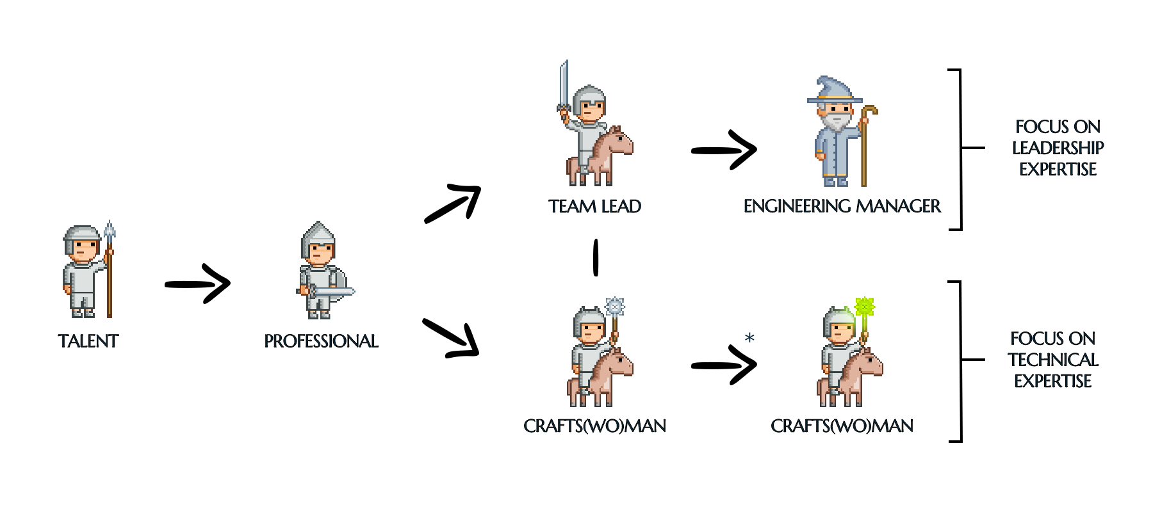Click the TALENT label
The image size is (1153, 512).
tap(88, 341)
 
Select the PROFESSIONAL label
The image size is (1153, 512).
tap(321, 341)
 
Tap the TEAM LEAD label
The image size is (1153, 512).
tap(594, 206)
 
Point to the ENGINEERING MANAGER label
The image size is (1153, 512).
tap(842, 206)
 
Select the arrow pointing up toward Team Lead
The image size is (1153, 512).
tap(453, 204)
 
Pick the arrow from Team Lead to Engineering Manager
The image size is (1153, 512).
tap(724, 151)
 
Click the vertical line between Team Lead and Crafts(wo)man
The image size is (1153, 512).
tap(596, 257)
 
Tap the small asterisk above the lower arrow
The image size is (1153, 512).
tap(749, 337)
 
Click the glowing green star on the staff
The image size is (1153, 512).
tap(864, 307)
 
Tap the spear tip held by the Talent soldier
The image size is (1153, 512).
tap(110, 232)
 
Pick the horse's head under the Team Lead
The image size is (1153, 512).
tap(619, 140)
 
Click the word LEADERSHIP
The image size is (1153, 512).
tap(1058, 148)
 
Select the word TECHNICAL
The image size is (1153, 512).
tap(1052, 360)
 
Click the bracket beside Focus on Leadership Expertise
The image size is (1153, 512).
tap(960, 148)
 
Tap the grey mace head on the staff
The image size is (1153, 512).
tap(615, 307)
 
